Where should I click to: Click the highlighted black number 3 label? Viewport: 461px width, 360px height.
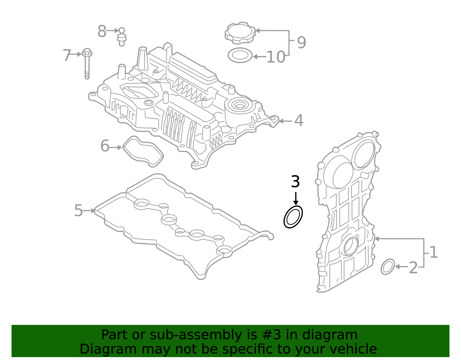(295, 182)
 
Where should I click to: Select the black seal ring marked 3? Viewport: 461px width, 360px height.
(293, 217)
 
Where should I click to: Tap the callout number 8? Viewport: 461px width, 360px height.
(102, 31)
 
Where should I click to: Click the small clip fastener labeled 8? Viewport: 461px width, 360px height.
(122, 37)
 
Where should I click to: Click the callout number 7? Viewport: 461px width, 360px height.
(67, 55)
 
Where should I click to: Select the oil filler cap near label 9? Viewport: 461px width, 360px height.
(240, 33)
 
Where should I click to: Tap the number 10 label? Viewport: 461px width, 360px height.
(276, 57)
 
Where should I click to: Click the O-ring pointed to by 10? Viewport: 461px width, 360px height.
(240, 55)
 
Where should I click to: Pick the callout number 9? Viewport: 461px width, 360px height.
(301, 43)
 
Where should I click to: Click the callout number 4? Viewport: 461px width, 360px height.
(299, 120)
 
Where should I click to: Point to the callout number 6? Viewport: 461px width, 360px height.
(105, 146)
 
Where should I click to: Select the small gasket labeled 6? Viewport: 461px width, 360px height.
(143, 151)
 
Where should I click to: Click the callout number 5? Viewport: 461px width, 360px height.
(78, 211)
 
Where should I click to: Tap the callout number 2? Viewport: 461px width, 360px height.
(413, 268)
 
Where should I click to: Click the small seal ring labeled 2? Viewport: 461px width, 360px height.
(388, 267)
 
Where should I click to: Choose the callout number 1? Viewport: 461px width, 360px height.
(433, 252)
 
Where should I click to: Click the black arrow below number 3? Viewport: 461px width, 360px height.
(296, 199)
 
